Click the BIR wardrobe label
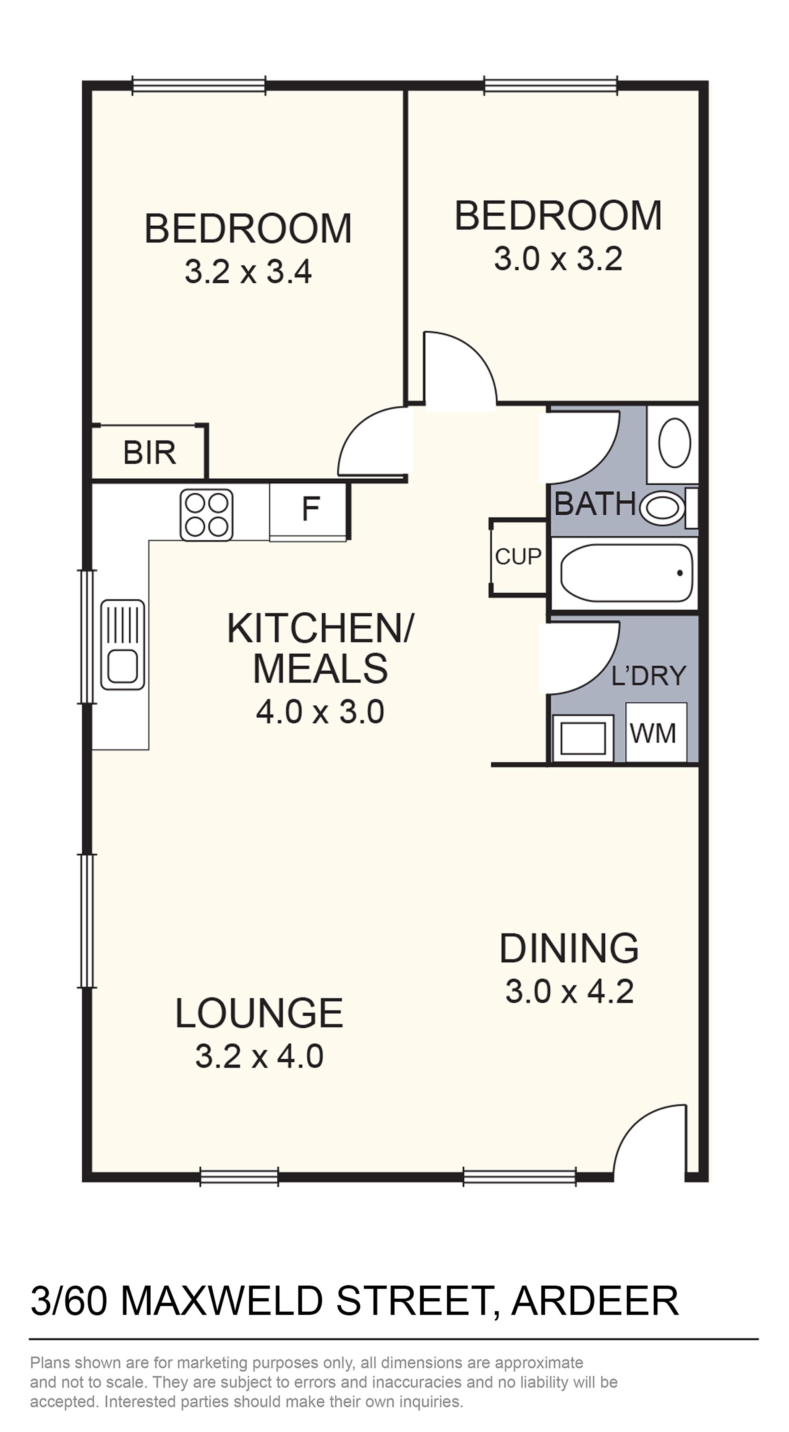click(x=149, y=453)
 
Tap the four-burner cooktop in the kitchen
click(x=206, y=515)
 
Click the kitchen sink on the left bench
click(x=122, y=645)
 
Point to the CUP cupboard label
click(x=518, y=556)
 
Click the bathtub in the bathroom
click(x=626, y=573)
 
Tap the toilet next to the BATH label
click(x=662, y=507)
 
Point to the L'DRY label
click(x=649, y=676)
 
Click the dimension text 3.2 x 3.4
click(x=248, y=272)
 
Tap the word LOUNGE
click(x=259, y=1013)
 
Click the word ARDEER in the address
click(x=595, y=1301)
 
